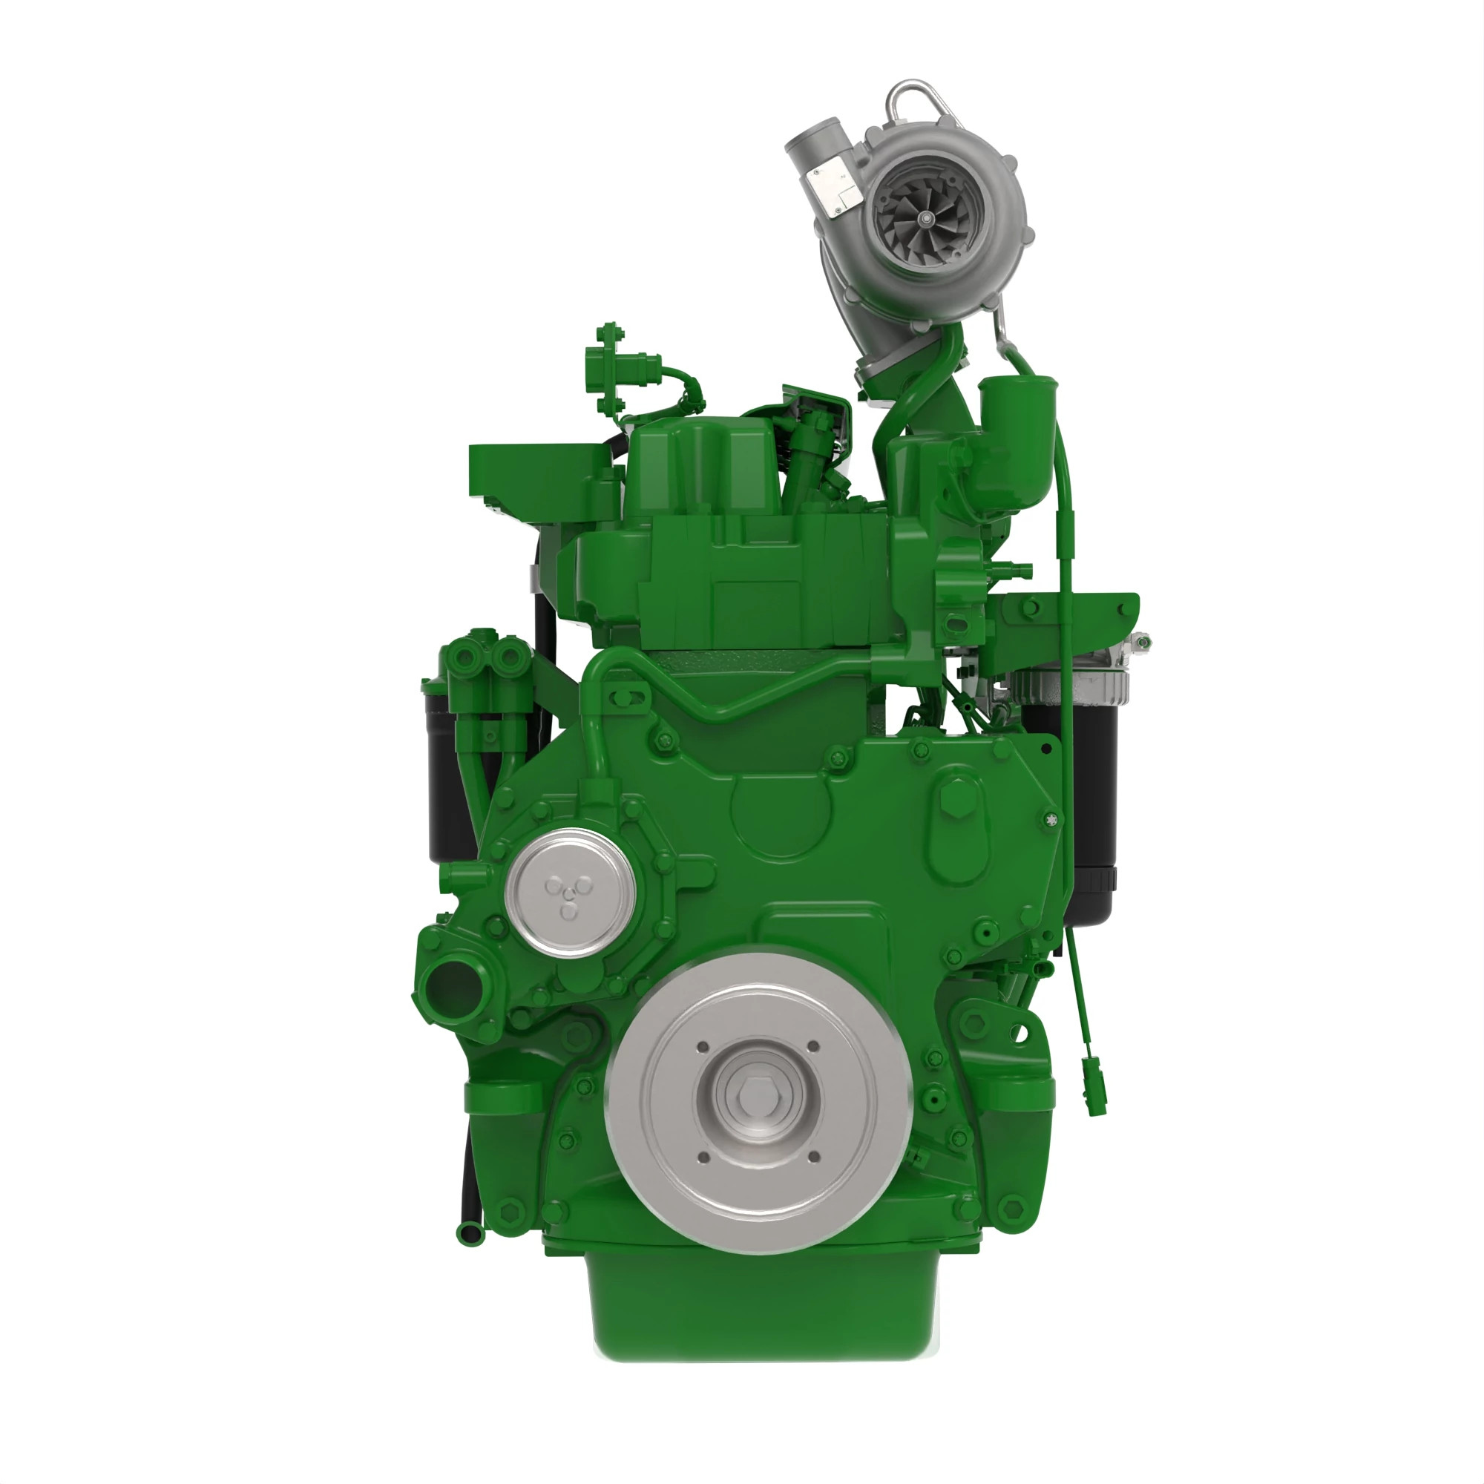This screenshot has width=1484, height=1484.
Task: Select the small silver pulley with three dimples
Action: [x=570, y=893]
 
